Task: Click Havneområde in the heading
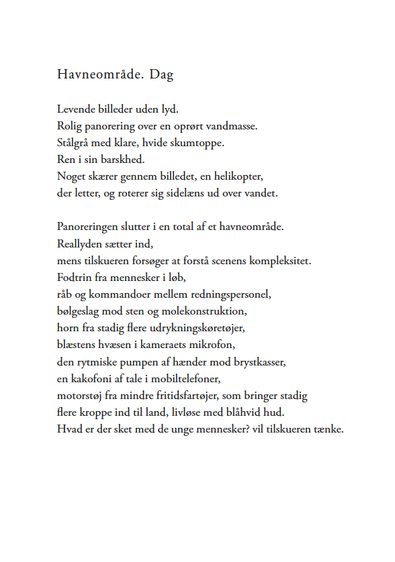(x=99, y=74)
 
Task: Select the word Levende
(x=76, y=108)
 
